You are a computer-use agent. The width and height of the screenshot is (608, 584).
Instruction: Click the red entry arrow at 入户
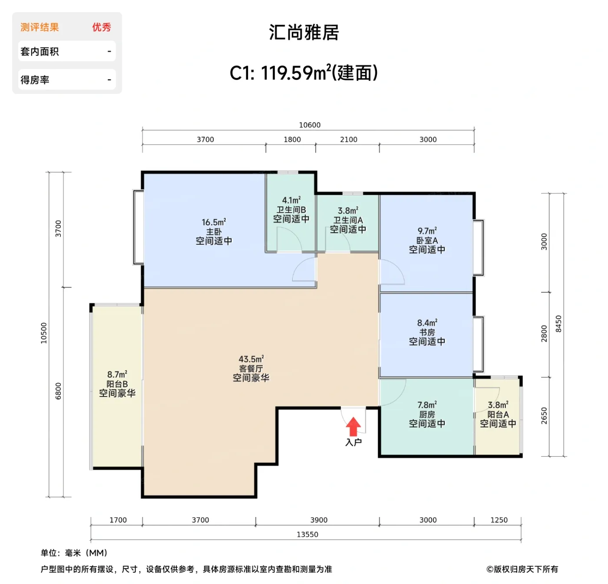point(353,427)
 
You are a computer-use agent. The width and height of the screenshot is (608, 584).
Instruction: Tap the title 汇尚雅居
point(304,33)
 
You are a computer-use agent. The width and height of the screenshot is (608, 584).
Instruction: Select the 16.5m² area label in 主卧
point(213,222)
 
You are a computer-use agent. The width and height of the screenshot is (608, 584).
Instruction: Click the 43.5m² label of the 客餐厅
point(251,359)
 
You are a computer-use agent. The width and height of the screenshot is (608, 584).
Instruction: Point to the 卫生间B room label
point(291,210)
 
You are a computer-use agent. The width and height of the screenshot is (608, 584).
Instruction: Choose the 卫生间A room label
point(348,220)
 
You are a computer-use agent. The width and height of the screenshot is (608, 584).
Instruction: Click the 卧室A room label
point(427,240)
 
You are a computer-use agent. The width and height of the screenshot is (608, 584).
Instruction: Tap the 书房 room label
point(427,332)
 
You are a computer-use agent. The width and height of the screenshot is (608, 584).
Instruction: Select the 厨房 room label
point(427,414)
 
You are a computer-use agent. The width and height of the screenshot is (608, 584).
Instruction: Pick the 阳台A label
point(498,414)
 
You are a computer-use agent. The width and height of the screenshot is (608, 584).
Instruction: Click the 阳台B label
point(117,384)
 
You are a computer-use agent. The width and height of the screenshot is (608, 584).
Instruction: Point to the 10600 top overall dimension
point(309,125)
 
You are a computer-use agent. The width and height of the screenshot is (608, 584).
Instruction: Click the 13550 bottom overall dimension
point(307,534)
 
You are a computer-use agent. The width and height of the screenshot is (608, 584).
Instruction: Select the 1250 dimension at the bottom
point(499,520)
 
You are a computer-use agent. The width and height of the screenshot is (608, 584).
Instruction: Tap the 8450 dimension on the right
point(558,324)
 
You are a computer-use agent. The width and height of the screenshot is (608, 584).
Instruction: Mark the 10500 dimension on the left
point(44,333)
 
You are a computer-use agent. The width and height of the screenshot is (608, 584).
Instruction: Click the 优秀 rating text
point(101,27)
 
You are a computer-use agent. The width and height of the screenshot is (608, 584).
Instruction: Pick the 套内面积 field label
point(40,52)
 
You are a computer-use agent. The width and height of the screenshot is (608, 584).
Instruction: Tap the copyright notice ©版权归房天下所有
point(522,569)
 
